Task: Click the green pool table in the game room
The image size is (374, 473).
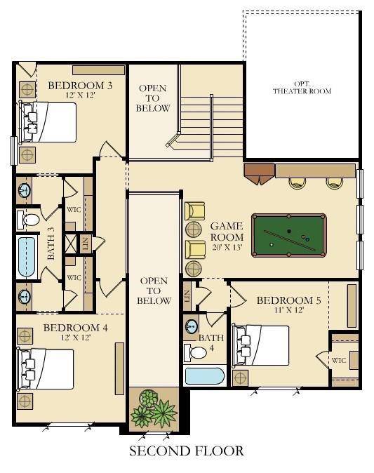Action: (x=288, y=235)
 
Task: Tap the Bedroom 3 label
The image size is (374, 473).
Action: (x=80, y=86)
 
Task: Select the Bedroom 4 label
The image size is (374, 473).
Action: (x=75, y=328)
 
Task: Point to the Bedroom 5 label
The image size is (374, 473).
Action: (x=288, y=300)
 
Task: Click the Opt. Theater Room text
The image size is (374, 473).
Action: (x=302, y=88)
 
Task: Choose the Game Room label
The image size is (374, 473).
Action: (x=227, y=232)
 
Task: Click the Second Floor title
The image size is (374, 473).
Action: (x=187, y=451)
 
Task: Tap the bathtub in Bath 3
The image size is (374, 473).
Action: (x=27, y=257)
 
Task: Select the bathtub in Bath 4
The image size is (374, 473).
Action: (x=204, y=376)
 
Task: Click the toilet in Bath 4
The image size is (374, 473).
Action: (x=196, y=352)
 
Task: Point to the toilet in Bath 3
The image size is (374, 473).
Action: (x=28, y=219)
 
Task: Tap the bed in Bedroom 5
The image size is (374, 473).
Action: (x=260, y=345)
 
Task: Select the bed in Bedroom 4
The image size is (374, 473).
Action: (x=46, y=369)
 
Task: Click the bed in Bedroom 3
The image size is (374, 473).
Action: (x=48, y=122)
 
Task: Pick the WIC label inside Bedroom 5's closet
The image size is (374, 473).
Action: (x=339, y=360)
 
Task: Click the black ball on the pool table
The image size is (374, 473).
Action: (x=289, y=232)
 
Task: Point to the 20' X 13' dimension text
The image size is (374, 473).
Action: (x=227, y=247)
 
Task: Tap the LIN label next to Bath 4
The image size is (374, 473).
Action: (x=187, y=296)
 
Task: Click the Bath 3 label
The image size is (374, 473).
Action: (x=51, y=247)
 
